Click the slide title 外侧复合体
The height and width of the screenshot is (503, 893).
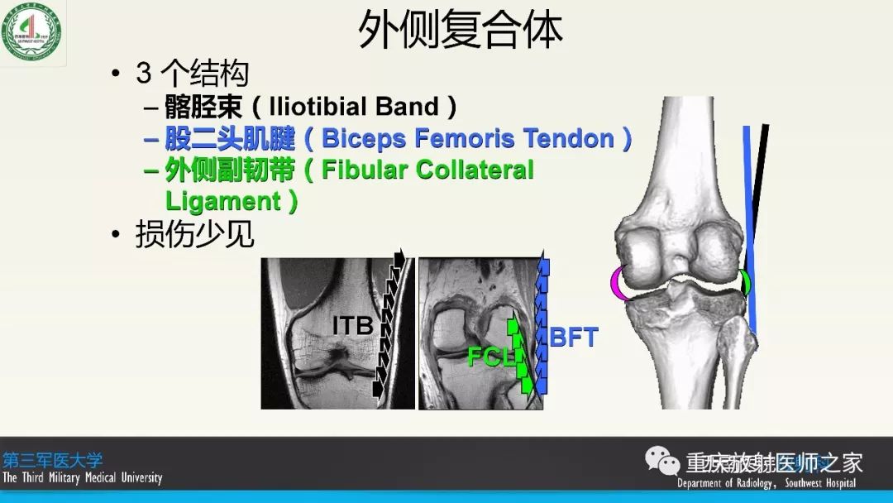point(461,31)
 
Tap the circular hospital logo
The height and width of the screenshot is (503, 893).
point(31,31)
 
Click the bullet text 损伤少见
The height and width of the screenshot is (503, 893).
point(195,235)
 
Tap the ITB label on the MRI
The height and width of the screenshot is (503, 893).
point(352,326)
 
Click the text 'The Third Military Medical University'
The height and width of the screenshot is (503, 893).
point(83,477)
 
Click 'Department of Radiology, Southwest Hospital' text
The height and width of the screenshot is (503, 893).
point(766,483)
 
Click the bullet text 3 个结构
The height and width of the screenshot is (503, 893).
point(192,74)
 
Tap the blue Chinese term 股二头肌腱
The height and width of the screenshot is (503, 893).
point(229,138)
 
